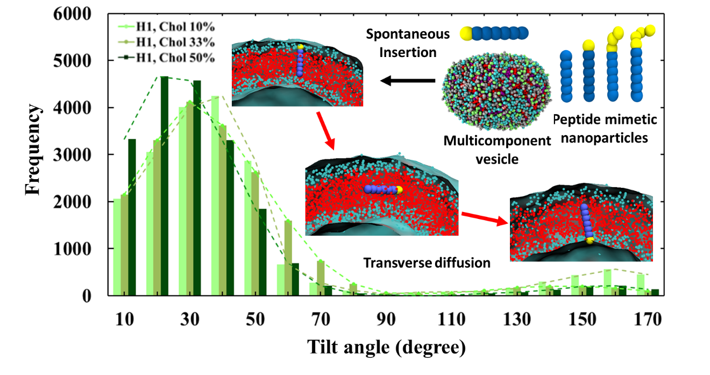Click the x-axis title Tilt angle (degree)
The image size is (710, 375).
pos(386,347)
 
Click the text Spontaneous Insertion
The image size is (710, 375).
pos(408,43)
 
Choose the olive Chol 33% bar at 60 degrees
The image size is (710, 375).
pos(288,258)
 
